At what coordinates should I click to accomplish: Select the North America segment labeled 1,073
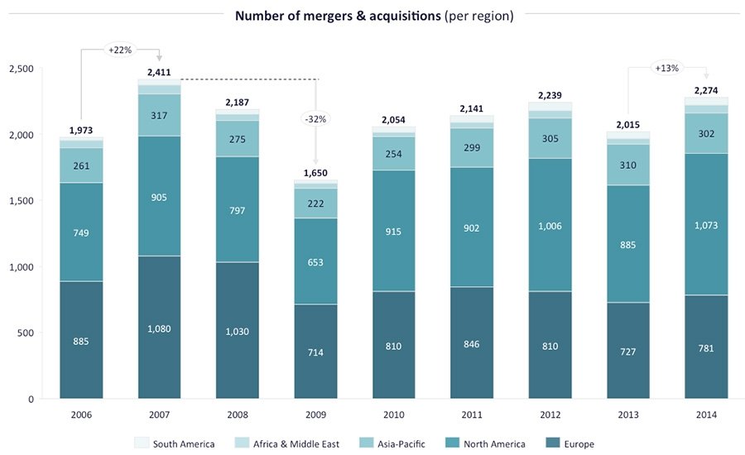pos(706,224)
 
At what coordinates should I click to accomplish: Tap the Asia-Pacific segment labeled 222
pos(316,204)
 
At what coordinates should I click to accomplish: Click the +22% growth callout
pos(120,50)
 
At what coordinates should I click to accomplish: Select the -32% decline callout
pos(316,118)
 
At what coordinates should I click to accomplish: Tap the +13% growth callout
pos(667,68)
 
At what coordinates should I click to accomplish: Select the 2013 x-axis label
pos(627,414)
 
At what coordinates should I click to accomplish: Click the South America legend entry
pos(175,444)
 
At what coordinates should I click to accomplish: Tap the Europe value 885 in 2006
pos(80,341)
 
